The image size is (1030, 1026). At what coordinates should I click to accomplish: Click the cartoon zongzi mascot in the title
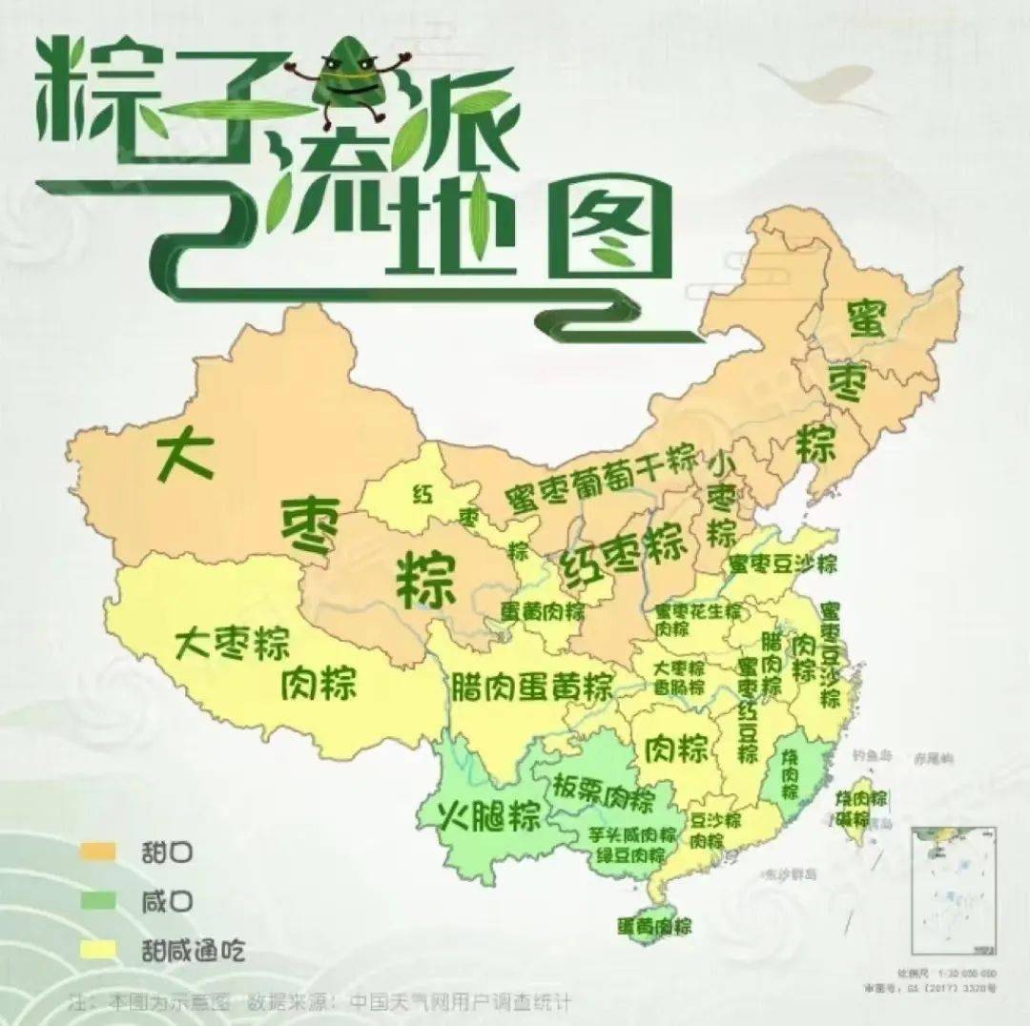point(346,81)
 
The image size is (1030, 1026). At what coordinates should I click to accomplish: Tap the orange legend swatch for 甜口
point(98,850)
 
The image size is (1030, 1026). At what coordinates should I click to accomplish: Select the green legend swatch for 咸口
point(98,899)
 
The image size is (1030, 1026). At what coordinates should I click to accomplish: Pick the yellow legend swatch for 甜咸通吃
point(98,950)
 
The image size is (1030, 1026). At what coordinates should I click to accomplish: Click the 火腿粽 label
point(489,815)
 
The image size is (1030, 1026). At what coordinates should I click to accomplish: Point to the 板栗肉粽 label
point(603,790)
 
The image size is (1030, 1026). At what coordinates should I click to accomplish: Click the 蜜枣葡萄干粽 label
point(602,479)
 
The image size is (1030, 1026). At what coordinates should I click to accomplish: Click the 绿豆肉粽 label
point(631,855)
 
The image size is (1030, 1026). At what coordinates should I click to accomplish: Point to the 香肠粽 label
point(679,687)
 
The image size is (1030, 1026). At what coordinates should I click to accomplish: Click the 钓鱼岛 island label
point(872,755)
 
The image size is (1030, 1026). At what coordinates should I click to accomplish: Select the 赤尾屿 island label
point(933,759)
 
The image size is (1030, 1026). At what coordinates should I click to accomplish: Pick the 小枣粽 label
point(722,497)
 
